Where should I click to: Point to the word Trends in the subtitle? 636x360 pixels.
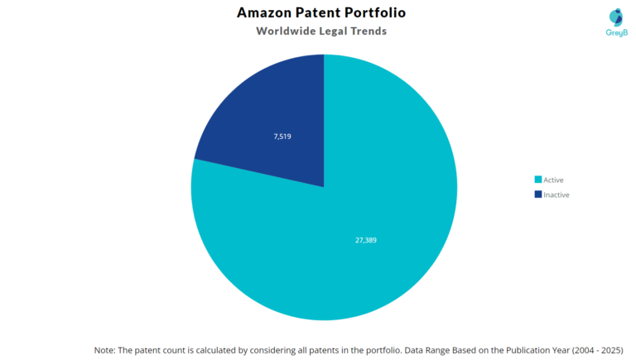pos(366,31)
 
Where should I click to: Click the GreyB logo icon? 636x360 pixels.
pos(615,17)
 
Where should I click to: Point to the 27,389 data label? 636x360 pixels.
pos(365,240)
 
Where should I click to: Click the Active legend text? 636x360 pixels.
pos(553,180)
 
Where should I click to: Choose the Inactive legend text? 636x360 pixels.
pos(556,194)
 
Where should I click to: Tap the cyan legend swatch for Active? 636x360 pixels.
pos(538,180)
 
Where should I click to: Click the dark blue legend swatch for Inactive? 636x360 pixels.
pos(538,194)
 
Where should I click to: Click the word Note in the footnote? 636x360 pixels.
pos(105,350)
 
